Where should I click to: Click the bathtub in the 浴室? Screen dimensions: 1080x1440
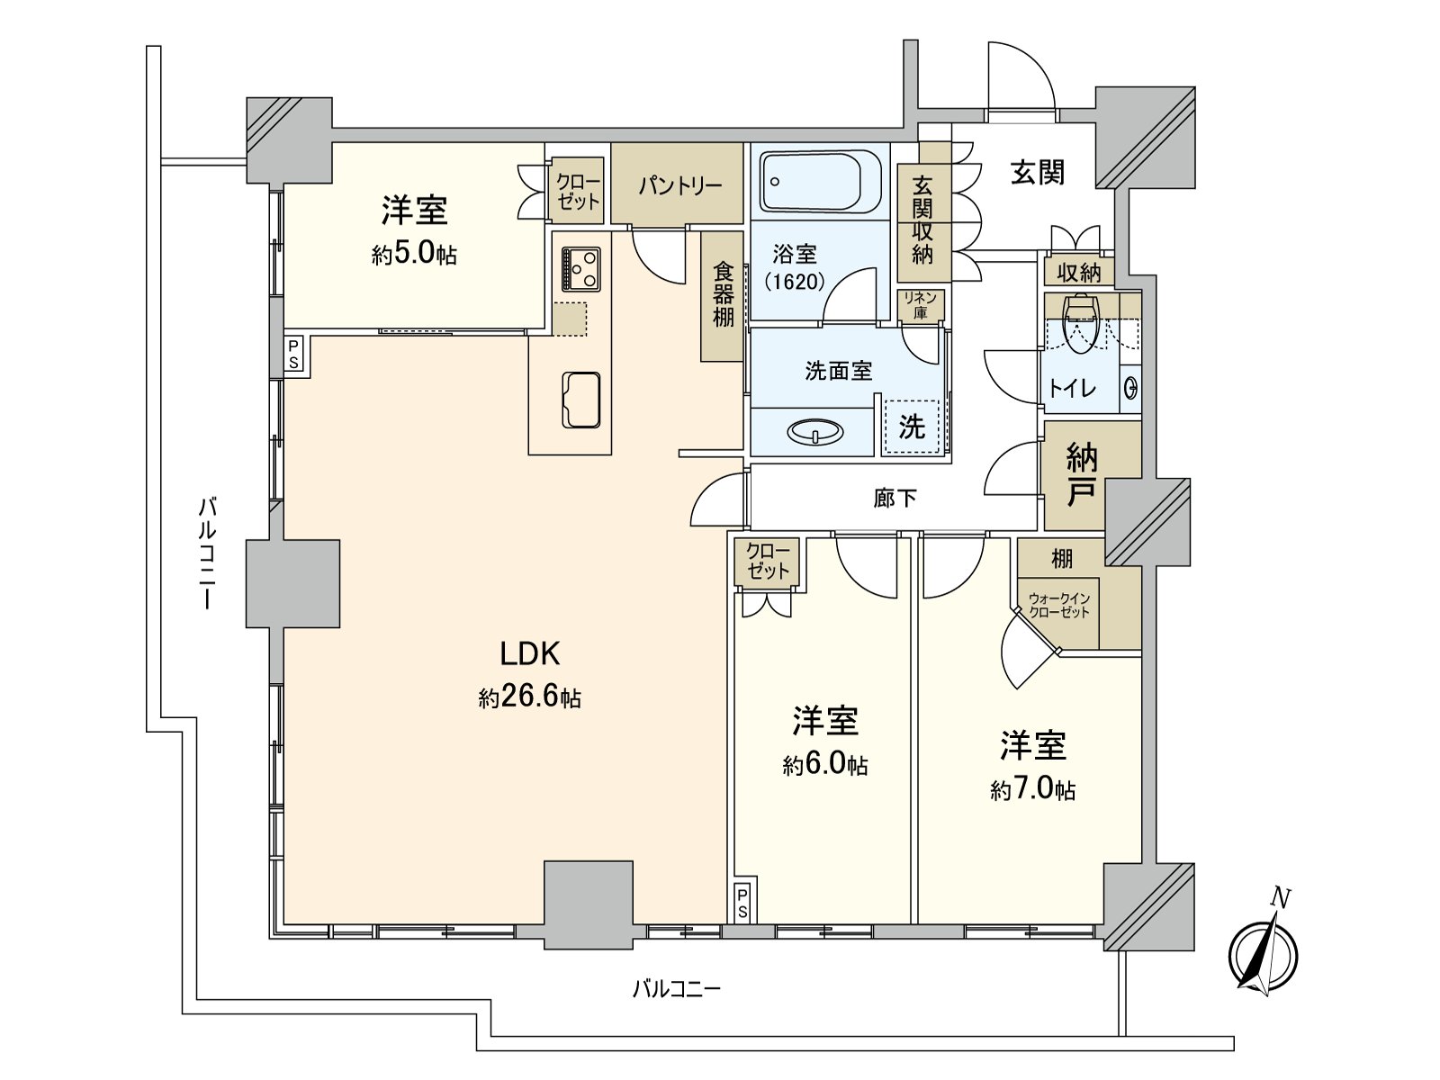[819, 181]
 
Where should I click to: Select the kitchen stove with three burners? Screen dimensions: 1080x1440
[580, 268]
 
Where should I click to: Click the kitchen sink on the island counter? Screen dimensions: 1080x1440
[581, 400]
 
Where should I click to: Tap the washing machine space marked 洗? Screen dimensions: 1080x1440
[912, 426]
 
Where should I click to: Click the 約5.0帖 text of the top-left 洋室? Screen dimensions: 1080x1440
[414, 255]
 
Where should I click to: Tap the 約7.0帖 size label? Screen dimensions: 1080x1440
[1032, 789]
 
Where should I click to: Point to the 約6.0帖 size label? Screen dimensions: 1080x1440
[824, 764]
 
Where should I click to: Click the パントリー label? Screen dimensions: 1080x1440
[679, 186]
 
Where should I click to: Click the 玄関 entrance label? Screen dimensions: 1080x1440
[1037, 172]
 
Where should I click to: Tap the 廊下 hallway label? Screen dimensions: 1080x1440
[895, 498]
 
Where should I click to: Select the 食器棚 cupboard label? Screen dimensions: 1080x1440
[723, 294]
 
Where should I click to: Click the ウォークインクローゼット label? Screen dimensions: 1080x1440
[1058, 605]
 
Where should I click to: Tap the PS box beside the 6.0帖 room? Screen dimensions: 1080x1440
[742, 903]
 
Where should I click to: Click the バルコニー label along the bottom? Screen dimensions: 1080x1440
[676, 990]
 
